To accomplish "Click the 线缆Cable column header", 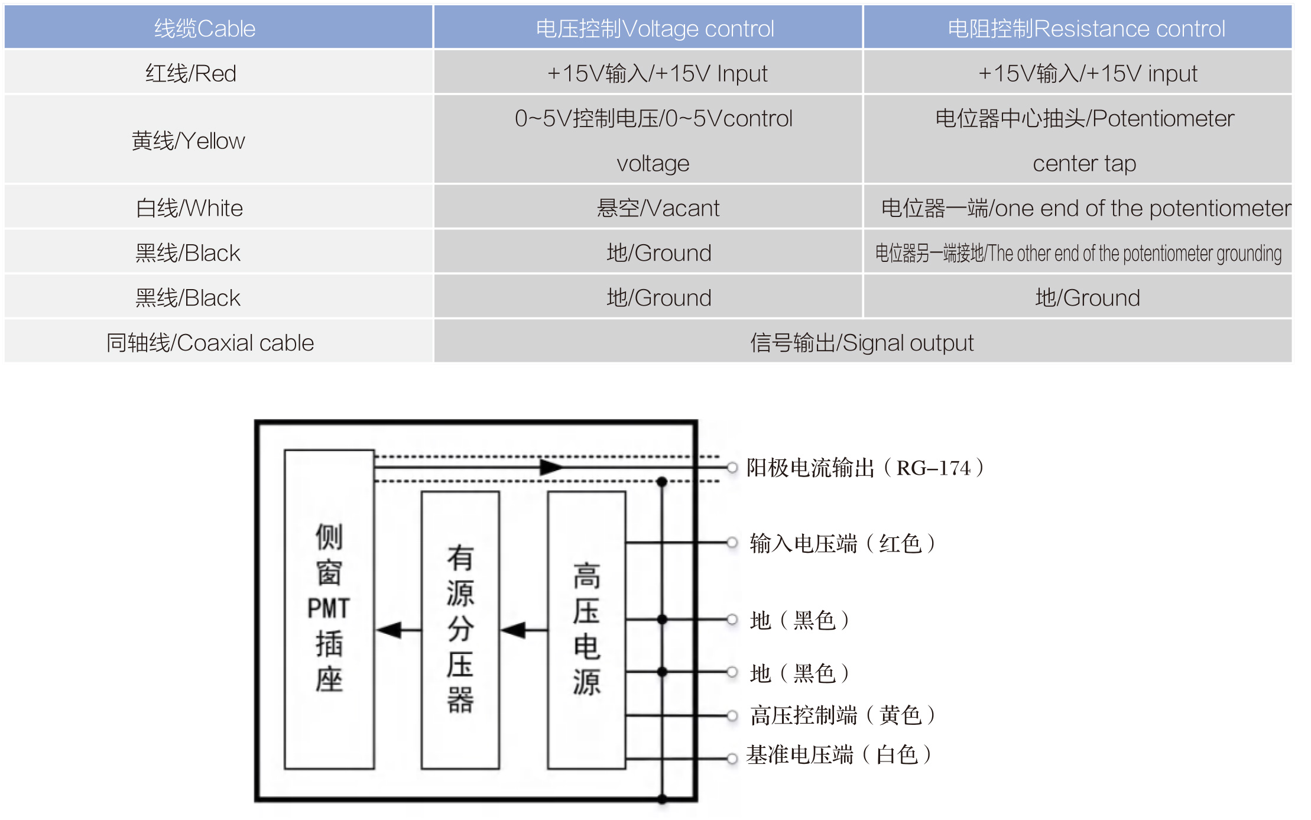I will pos(205,28).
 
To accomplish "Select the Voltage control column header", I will pos(654,28).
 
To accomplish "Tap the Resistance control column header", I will pos(1086,28).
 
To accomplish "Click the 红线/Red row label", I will pos(190,73).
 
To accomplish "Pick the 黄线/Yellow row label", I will pos(188,141).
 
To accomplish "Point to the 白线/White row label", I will pos(189,208).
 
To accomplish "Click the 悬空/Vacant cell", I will pos(657,208).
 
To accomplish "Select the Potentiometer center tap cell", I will pos(1084,141).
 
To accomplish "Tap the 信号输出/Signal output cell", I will pos(861,343).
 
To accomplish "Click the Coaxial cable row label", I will pos(210,343).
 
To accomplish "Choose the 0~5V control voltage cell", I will pos(653,141).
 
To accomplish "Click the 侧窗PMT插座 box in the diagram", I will pos(329,609).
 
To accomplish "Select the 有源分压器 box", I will pos(460,630).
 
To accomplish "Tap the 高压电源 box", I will pos(586,630).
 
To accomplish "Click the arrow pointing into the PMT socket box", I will pos(390,630).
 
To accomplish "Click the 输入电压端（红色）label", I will pos(842,543).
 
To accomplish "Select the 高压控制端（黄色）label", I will pos(842,715).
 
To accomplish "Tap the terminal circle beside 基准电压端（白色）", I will pos(732,759).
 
